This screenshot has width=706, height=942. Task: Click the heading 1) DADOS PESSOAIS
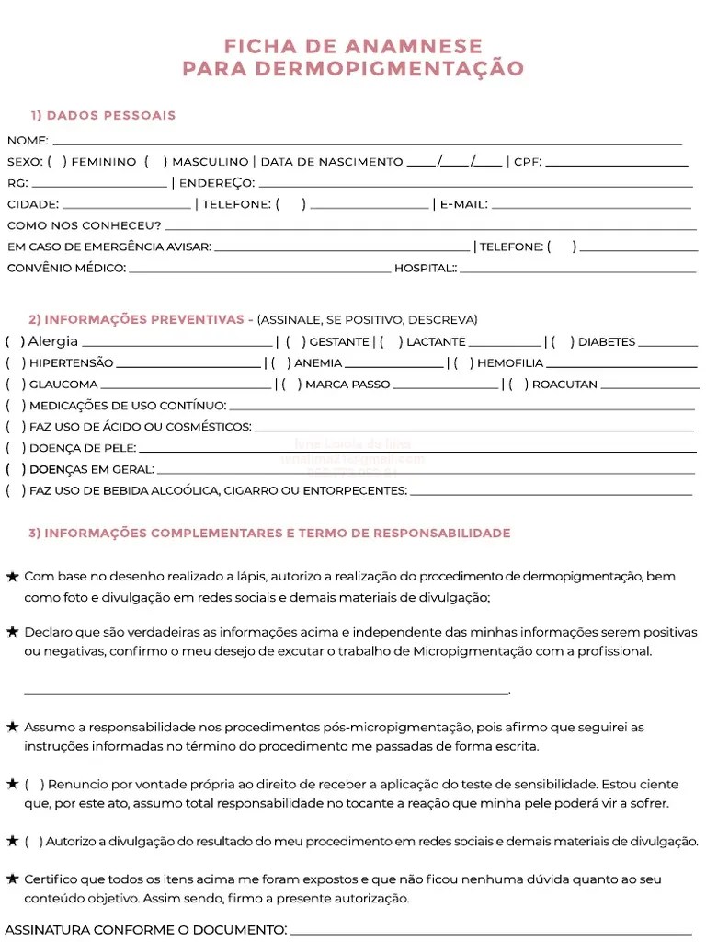[103, 116]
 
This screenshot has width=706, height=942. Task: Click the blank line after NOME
[368, 144]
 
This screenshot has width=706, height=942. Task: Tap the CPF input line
[617, 165]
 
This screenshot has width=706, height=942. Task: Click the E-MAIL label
[463, 204]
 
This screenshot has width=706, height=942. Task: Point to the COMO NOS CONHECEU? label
[84, 225]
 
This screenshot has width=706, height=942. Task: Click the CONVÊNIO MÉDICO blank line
[259, 271]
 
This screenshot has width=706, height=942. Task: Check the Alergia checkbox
[15, 341]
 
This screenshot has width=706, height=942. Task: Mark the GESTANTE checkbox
[295, 342]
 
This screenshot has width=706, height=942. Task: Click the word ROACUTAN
[564, 385]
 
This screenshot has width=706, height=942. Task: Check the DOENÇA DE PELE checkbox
[15, 448]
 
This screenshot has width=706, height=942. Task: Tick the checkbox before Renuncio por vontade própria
[34, 785]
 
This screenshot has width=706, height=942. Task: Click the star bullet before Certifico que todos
[12, 879]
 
